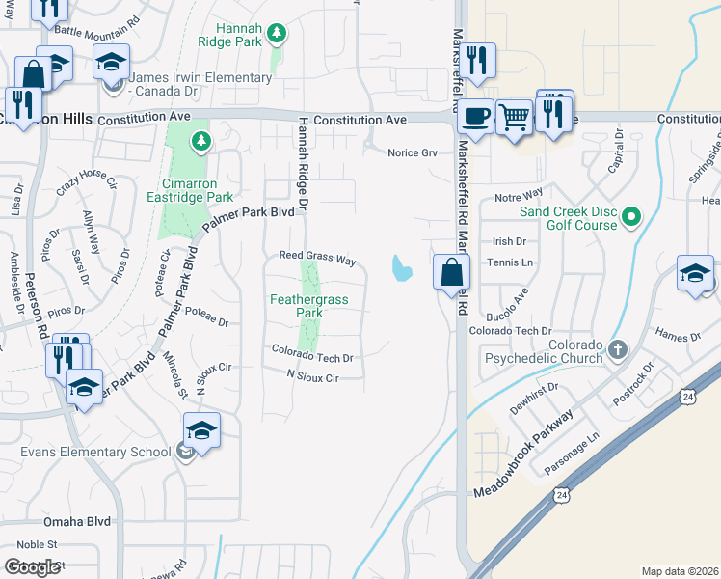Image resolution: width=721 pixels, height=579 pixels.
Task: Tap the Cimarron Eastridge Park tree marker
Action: tap(201, 142)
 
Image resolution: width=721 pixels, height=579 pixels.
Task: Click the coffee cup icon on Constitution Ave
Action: tap(475, 117)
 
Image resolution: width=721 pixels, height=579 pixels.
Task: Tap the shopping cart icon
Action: tap(516, 117)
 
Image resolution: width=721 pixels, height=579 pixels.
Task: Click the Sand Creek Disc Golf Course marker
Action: tap(631, 217)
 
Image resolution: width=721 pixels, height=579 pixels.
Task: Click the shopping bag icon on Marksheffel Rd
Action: tap(451, 271)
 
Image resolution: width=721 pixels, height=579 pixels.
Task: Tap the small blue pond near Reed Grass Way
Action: tap(400, 267)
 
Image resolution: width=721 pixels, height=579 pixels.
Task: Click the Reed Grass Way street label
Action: tap(318, 260)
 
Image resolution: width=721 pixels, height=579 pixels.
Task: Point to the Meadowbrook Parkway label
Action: tap(524, 454)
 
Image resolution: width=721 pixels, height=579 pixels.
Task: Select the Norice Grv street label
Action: tap(413, 152)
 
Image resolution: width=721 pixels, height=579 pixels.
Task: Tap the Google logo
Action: tap(32, 567)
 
